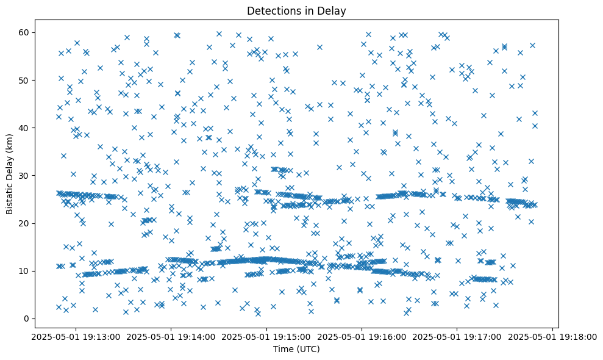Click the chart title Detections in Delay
point(296,11)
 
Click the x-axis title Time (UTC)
point(296,349)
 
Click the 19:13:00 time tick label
point(76,336)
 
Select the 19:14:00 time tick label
point(171,336)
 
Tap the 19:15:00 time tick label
point(266,336)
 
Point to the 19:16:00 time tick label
point(362,336)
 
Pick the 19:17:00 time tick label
point(457,336)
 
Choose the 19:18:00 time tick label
point(552,336)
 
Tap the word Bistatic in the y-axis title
point(10,195)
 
